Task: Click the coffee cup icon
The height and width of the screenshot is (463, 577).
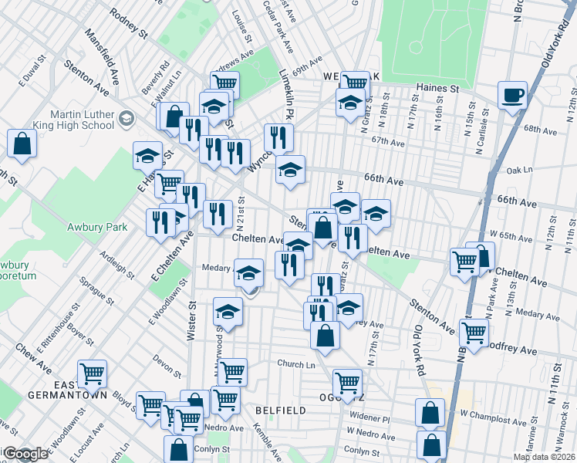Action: click(x=512, y=96)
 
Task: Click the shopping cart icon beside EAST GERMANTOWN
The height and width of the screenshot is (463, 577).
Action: click(x=92, y=374)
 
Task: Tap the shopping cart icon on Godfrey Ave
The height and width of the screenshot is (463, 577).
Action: click(x=473, y=333)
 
